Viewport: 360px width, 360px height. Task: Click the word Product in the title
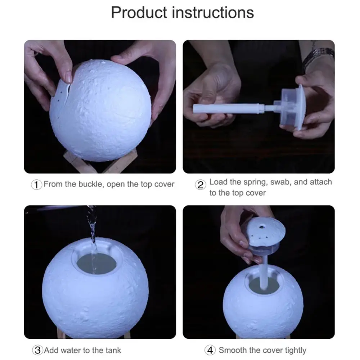click(139, 12)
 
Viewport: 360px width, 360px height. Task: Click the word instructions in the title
click(213, 12)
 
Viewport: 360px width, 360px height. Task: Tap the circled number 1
click(36, 185)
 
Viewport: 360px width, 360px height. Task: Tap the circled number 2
click(200, 185)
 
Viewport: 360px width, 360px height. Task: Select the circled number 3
click(37, 350)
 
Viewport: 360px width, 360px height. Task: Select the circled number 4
click(210, 350)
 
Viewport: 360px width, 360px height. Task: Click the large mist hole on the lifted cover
click(262, 227)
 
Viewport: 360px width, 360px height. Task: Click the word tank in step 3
click(113, 350)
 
